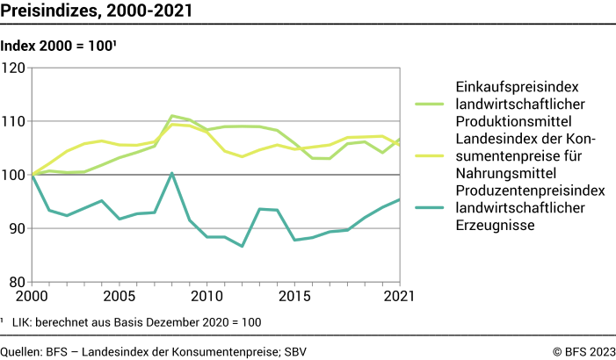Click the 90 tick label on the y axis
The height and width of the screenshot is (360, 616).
[x=18, y=228]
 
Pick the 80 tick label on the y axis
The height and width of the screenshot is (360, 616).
[x=18, y=282]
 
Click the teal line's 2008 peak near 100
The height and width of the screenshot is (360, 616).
[x=171, y=174]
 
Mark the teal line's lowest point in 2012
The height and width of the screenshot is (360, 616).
[x=242, y=246]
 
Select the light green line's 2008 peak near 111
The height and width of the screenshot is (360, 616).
[x=171, y=116]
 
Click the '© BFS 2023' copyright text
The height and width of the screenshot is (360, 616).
[x=583, y=350]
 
